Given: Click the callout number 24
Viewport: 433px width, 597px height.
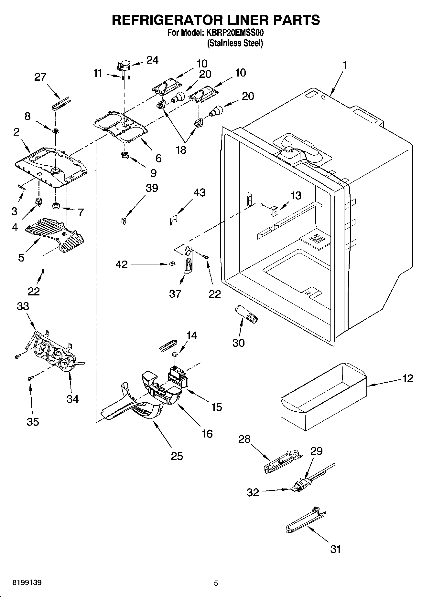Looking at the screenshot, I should pyautogui.click(x=152, y=60).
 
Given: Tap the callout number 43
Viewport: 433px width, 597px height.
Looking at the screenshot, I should pyautogui.click(x=199, y=192).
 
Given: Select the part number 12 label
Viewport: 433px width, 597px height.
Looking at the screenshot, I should pyautogui.click(x=408, y=378).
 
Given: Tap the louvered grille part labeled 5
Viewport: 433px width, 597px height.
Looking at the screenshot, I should pyautogui.click(x=55, y=233).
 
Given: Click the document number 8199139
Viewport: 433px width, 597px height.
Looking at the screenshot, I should pyautogui.click(x=27, y=583).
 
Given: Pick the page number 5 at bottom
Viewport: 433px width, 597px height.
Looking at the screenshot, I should pyautogui.click(x=216, y=583).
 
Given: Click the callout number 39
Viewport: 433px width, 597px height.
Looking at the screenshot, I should pyautogui.click(x=152, y=188).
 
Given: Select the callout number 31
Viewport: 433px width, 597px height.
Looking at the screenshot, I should pyautogui.click(x=335, y=549).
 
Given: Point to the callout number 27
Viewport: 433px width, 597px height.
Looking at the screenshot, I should pyautogui.click(x=40, y=77).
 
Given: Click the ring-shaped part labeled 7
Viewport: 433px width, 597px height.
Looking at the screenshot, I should pyautogui.click(x=56, y=205).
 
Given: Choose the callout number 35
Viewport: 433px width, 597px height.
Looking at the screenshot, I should pyautogui.click(x=33, y=421).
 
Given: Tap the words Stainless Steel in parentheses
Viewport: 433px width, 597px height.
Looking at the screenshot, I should pyautogui.click(x=235, y=43).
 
